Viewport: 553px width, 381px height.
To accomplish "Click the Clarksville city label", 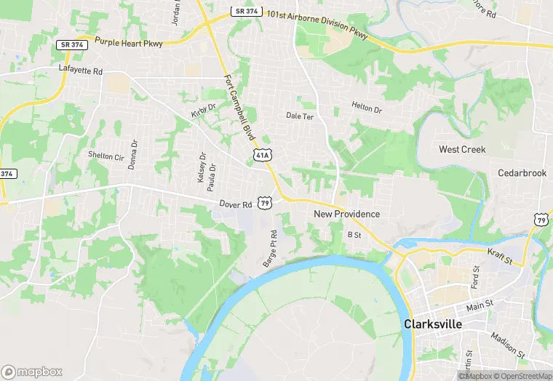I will [432, 324].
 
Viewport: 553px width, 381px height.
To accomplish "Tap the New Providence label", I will [347, 214].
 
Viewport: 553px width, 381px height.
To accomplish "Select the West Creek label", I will [462, 149].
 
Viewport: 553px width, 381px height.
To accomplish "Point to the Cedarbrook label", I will [522, 173].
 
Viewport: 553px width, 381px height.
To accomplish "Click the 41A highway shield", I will [263, 155].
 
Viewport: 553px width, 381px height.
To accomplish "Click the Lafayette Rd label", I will [81, 69].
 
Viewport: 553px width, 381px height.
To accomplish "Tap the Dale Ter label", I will [299, 116].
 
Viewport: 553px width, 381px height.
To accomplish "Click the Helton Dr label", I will [366, 107].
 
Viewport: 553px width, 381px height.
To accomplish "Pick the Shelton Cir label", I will [106, 156].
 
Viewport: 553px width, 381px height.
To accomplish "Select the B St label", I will [354, 234].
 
